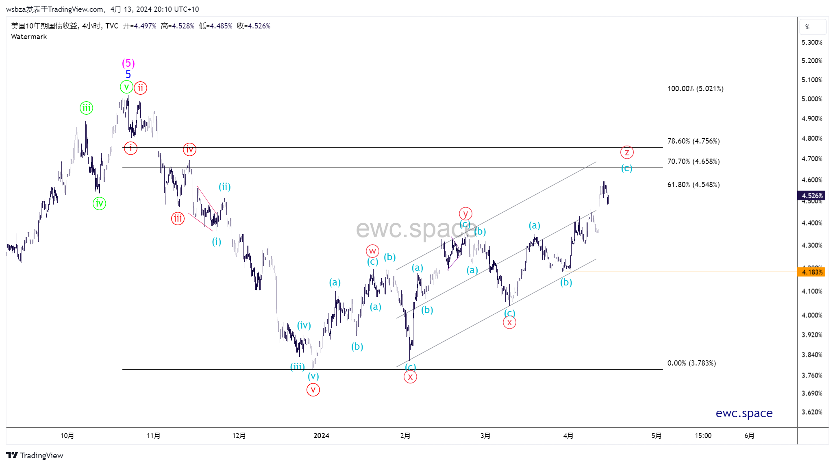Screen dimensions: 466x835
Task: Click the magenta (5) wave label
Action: tap(128, 63)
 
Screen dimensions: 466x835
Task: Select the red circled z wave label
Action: tap(627, 152)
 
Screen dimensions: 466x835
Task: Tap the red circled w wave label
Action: tap(372, 251)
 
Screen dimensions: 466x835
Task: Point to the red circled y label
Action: tap(465, 213)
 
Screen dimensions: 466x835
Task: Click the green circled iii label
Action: tap(86, 108)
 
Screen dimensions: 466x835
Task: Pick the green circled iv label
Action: tap(99, 203)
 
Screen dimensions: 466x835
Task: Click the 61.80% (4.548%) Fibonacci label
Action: tap(694, 185)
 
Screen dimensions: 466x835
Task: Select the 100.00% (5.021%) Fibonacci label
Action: tap(695, 89)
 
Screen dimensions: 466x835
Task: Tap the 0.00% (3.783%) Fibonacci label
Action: tap(691, 363)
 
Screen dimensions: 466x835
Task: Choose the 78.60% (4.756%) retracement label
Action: tap(694, 141)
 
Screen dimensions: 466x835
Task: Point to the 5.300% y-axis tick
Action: tap(812, 43)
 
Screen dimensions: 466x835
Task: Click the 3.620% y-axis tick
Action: tap(812, 412)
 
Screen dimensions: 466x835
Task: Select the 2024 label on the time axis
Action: tap(321, 436)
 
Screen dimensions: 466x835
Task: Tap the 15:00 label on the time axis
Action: tap(703, 436)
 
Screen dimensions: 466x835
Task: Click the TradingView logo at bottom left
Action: tap(35, 455)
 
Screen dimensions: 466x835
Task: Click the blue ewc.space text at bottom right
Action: tap(744, 413)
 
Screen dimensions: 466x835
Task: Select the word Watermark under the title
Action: tap(29, 37)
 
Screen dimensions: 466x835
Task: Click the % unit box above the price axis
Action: tap(813, 27)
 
